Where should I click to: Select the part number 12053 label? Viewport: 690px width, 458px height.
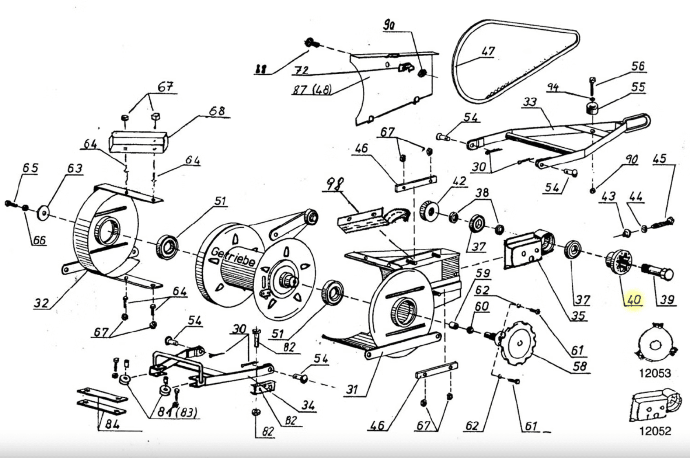click(655, 373)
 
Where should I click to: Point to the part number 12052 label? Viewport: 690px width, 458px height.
click(655, 431)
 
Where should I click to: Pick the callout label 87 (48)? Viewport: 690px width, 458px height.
click(311, 89)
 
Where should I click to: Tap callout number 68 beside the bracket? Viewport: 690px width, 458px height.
click(216, 111)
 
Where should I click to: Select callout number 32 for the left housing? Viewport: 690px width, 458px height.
click(41, 303)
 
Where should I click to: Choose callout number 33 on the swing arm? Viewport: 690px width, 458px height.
click(530, 102)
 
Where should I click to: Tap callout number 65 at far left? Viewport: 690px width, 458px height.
click(30, 168)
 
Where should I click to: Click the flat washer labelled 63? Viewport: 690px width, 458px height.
click(43, 212)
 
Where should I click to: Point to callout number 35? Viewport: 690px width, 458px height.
click(578, 315)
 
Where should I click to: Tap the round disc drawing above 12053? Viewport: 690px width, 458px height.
click(656, 345)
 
